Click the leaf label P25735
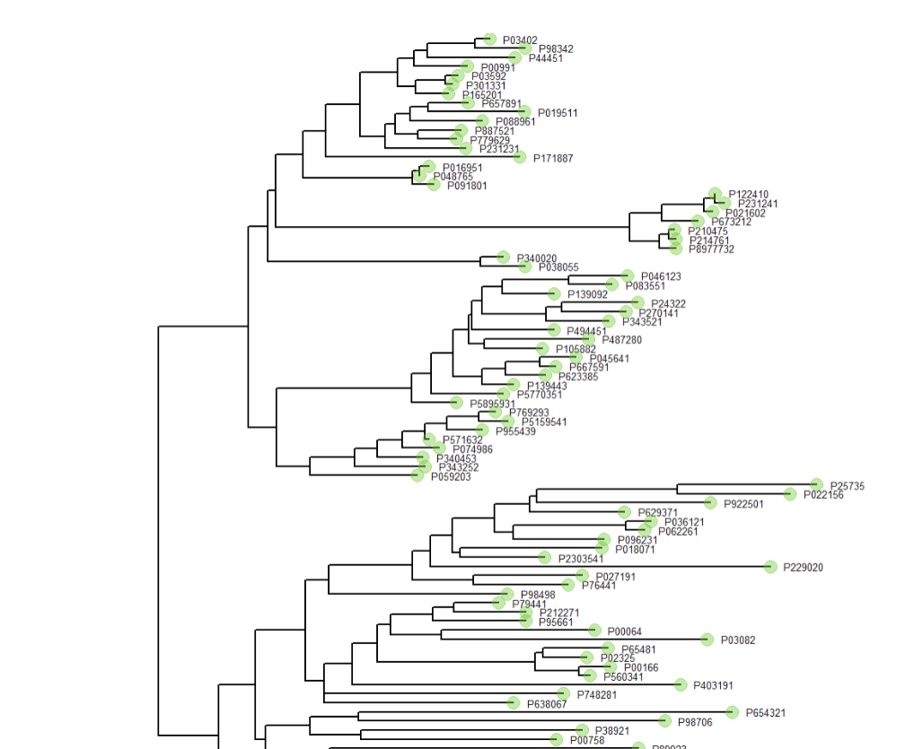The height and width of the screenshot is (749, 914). [847, 486]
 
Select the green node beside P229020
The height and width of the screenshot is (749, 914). [770, 567]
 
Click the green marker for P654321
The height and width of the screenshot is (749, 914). [733, 712]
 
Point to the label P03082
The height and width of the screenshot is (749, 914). [738, 640]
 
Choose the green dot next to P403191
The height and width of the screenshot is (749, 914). [680, 685]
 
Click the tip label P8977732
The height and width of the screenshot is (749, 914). [711, 249]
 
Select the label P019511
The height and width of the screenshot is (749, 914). [558, 113]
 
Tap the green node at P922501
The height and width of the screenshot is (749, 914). [709, 503]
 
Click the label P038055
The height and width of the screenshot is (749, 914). [558, 267]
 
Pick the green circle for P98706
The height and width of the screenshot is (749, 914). [664, 721]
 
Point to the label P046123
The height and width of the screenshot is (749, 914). [661, 276]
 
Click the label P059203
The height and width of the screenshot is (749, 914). [451, 477]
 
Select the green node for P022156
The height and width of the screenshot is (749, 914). [790, 494]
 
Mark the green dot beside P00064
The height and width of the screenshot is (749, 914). [593, 631]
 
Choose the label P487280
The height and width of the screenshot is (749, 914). [621, 340]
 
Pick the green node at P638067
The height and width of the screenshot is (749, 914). [514, 703]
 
